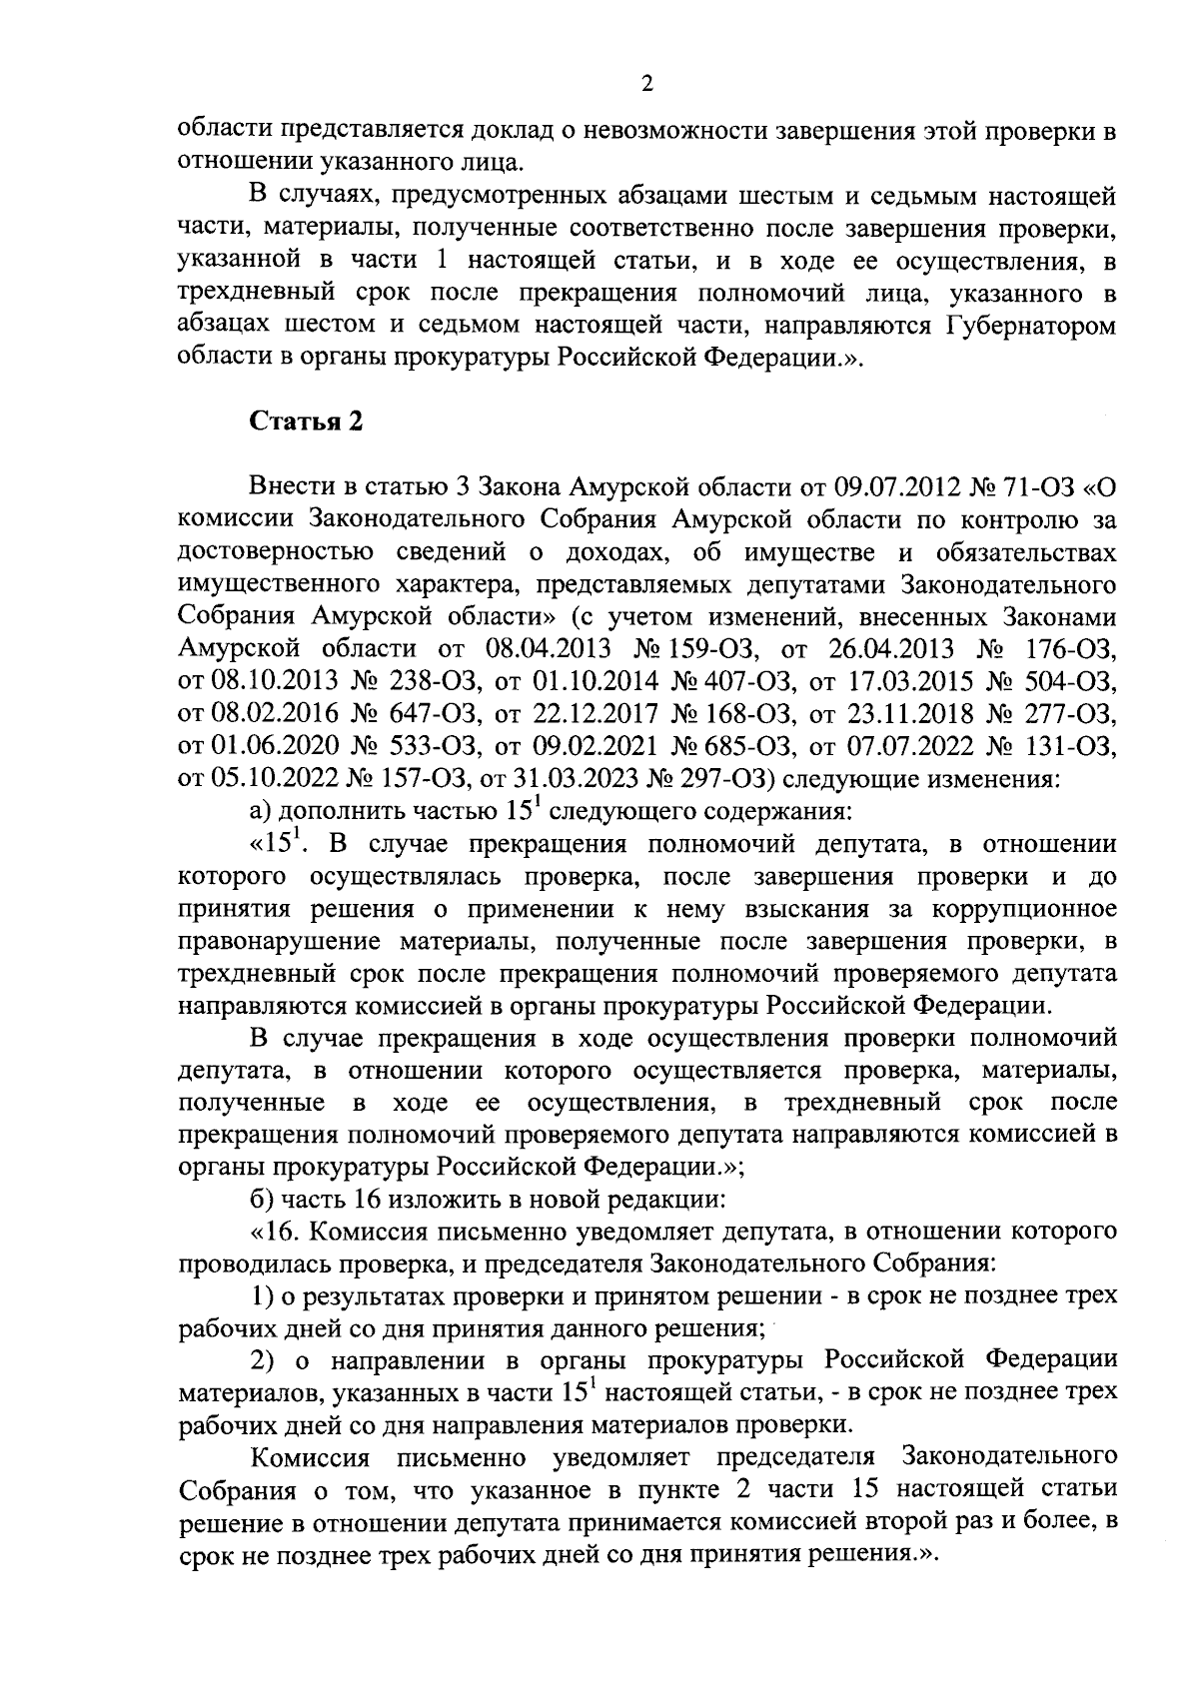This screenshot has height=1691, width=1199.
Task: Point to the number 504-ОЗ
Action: pos(1070,682)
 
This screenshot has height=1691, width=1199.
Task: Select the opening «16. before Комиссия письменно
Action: pos(274,1230)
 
